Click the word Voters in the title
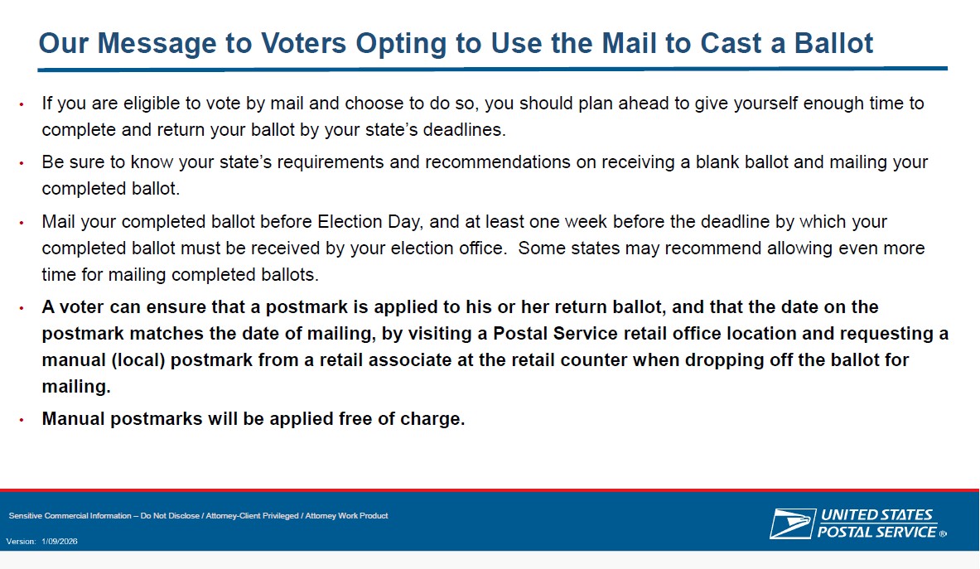coord(303,43)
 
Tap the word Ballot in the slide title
coord(833,43)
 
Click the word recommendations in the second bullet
coord(498,162)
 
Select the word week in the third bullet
coord(586,222)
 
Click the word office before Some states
coord(479,248)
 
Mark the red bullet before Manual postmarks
coord(22,420)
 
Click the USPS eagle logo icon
coord(793,523)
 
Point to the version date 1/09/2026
coord(60,542)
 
